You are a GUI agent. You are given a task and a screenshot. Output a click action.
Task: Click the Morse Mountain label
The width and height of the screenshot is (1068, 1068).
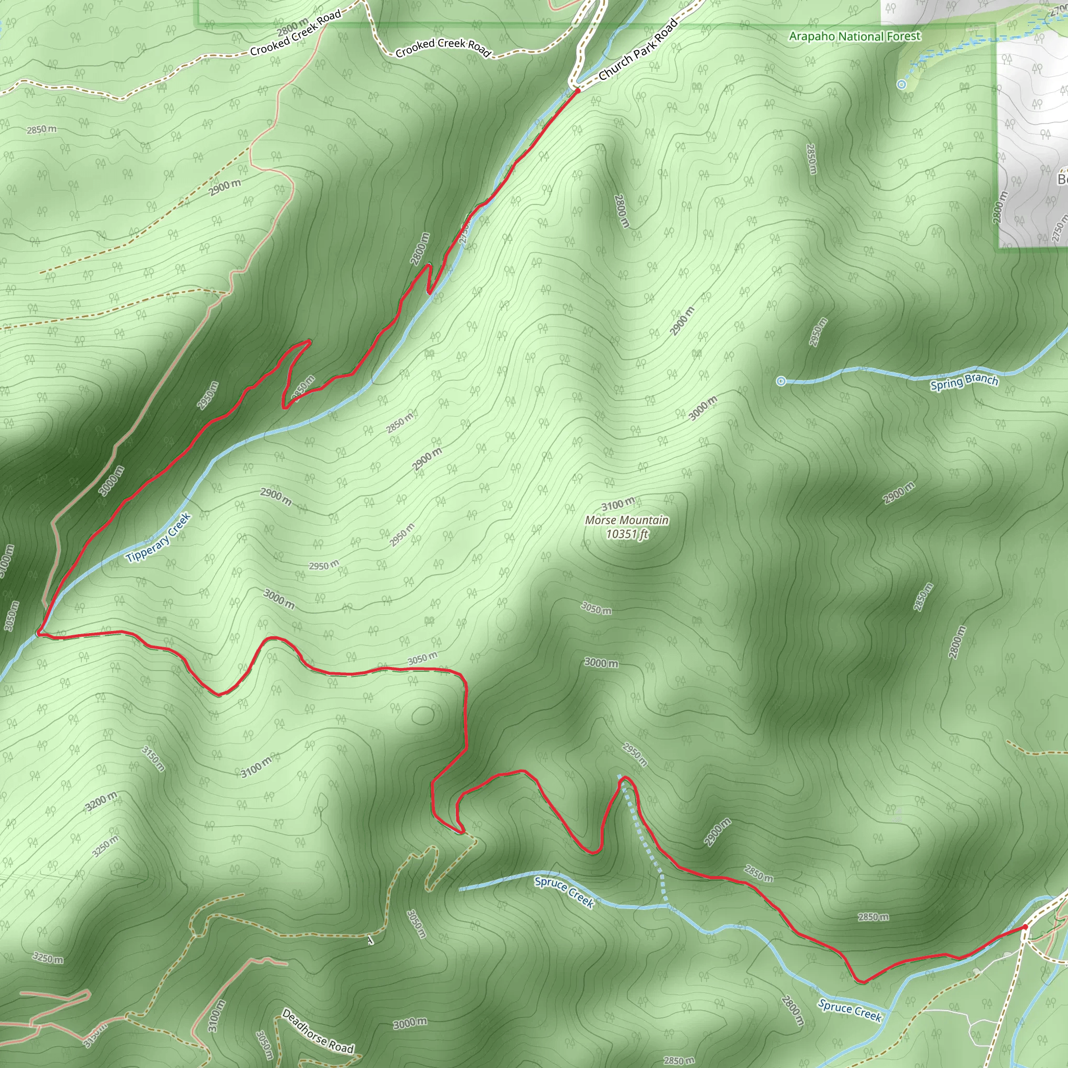[626, 520]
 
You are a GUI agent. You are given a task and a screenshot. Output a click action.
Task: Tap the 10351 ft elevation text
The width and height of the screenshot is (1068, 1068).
[626, 534]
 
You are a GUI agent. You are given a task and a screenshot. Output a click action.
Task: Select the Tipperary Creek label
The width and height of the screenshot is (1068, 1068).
[158, 537]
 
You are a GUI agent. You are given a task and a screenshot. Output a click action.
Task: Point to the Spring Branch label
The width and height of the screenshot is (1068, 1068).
[964, 382]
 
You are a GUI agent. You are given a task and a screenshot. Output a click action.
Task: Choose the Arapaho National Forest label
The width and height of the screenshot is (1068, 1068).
[855, 37]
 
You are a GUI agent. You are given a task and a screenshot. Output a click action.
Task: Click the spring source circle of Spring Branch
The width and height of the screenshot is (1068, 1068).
[781, 381]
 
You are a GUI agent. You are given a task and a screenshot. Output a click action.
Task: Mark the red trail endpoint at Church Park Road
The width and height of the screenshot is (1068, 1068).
[577, 90]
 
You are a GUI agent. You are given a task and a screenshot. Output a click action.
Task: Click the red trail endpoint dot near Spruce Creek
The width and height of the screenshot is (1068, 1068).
[1025, 927]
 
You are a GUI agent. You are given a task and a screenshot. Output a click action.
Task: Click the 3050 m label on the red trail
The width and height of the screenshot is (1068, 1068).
[423, 659]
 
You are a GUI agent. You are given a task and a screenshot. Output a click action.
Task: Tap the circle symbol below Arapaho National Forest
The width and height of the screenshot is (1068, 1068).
[902, 84]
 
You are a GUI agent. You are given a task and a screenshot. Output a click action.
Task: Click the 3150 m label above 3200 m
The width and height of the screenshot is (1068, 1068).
[153, 758]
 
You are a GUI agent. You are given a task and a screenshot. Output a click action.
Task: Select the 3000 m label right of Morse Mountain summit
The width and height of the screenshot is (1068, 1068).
[601, 662]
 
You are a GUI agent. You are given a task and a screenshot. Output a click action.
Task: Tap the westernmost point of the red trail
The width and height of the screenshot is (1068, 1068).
[38, 633]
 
